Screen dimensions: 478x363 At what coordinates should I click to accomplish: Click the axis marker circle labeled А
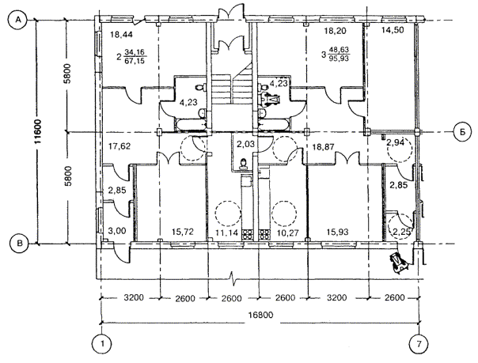19,20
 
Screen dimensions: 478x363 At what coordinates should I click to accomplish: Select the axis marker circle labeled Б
462,132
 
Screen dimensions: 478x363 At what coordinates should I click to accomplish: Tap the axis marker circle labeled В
19,244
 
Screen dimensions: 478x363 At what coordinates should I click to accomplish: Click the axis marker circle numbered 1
101,344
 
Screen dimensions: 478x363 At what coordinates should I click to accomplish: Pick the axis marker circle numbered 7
419,344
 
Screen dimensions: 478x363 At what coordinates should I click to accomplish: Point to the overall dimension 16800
260,315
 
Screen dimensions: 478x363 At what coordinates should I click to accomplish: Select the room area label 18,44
121,35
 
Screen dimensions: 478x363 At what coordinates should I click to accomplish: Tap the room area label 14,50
393,30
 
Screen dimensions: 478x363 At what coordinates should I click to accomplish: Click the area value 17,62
119,146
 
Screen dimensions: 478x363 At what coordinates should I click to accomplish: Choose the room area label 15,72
183,232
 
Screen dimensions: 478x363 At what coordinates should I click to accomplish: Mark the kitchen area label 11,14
226,233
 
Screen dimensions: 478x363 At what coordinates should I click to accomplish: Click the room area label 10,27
287,233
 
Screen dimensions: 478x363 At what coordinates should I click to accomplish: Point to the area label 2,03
245,144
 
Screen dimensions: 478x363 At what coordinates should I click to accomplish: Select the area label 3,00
117,231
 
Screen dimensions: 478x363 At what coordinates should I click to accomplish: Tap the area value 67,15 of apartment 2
135,61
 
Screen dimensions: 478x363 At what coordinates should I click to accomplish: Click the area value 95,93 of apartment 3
339,58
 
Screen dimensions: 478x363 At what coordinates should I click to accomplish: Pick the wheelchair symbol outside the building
399,261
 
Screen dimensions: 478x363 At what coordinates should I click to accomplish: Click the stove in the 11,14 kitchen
247,235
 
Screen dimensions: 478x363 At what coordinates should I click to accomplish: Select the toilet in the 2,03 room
243,164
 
